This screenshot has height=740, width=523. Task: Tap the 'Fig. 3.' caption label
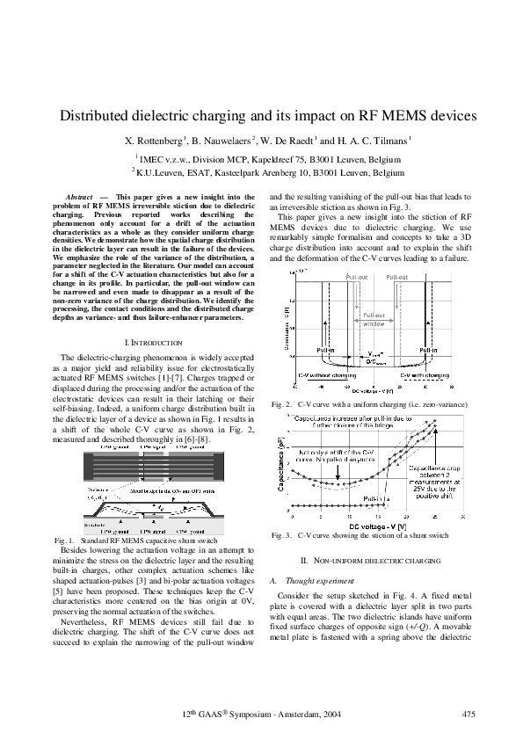coord(282,534)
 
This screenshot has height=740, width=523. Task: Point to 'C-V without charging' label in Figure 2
coord(320,375)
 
